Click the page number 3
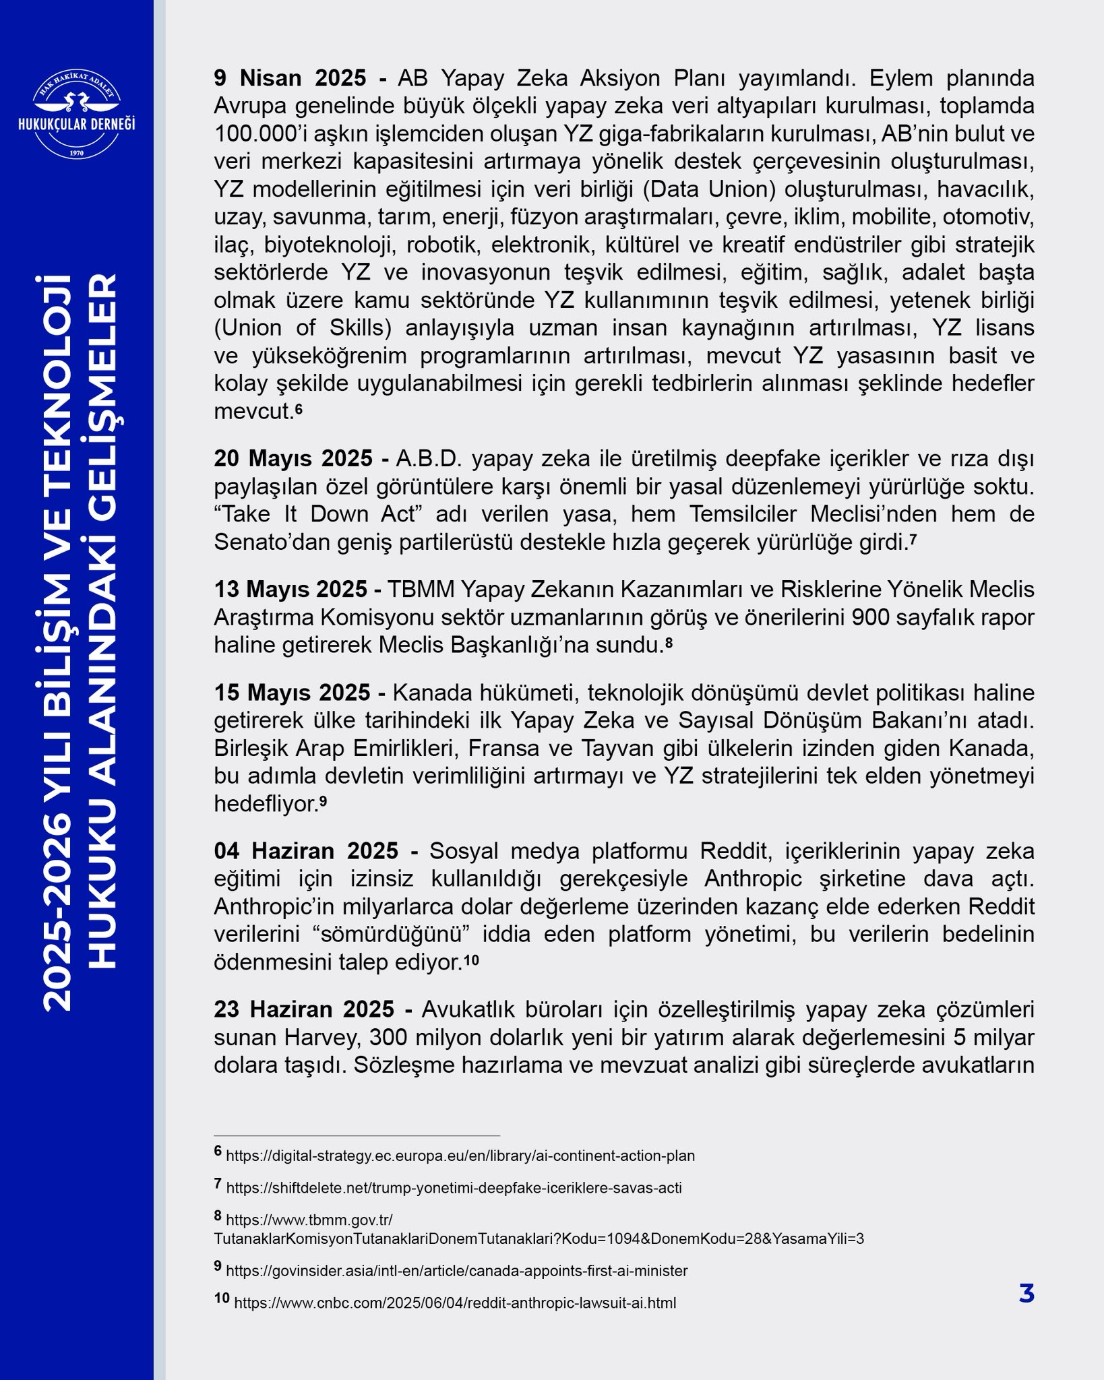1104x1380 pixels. (1026, 1294)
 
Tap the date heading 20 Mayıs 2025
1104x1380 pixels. (294, 458)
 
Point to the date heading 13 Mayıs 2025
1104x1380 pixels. (291, 589)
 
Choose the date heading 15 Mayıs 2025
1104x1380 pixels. (293, 692)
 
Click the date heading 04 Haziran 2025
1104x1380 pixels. (307, 850)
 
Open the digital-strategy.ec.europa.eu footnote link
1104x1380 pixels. (460, 1156)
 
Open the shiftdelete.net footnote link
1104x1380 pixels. (454, 1188)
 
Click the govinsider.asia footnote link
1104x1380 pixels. (457, 1271)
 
